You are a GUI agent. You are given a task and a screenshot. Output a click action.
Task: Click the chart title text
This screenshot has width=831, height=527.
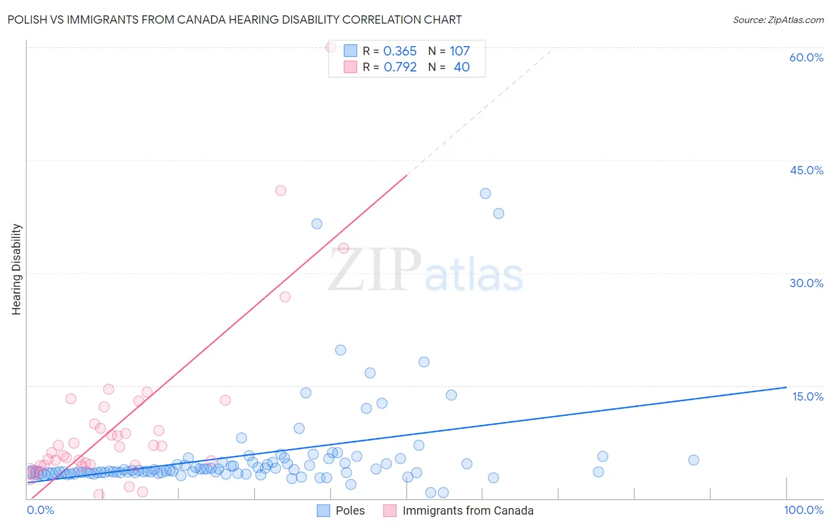click(x=235, y=19)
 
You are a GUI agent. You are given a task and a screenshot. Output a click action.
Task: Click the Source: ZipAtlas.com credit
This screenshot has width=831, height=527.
click(x=778, y=19)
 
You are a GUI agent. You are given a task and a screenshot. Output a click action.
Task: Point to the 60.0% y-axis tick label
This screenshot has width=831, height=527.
click(x=806, y=57)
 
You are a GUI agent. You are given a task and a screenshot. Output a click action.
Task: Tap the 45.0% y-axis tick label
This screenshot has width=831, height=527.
click(x=806, y=170)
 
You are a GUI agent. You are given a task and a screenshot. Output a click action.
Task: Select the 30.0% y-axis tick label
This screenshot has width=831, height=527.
click(x=806, y=283)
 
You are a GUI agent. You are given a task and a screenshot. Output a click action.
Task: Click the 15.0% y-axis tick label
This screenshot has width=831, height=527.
click(x=807, y=396)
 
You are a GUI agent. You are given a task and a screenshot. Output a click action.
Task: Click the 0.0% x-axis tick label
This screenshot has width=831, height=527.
click(x=40, y=510)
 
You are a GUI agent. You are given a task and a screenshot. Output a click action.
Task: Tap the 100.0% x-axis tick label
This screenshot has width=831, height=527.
click(x=803, y=510)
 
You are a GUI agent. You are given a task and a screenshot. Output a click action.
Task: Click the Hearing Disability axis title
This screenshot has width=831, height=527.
click(x=17, y=269)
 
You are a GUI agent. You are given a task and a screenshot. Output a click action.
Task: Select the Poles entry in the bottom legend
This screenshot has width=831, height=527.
click(x=350, y=510)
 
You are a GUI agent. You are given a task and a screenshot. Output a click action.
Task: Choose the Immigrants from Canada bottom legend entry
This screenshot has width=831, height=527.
click(x=468, y=510)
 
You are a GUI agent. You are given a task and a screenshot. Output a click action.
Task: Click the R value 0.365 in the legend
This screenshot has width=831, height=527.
click(x=400, y=51)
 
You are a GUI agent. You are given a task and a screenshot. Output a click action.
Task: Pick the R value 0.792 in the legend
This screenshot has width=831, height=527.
click(x=400, y=67)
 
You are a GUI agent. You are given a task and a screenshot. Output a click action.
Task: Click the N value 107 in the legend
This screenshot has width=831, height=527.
click(x=459, y=51)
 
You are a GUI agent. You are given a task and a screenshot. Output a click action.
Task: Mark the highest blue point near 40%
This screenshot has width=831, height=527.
click(x=485, y=193)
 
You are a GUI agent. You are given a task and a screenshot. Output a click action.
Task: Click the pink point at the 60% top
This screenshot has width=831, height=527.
click(x=331, y=47)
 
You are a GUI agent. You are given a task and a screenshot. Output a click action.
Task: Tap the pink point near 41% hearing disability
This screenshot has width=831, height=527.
click(x=281, y=190)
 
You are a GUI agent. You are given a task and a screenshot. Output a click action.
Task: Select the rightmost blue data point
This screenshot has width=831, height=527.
click(x=694, y=460)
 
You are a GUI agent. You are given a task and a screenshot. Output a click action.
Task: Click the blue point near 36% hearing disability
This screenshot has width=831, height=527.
click(x=317, y=223)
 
